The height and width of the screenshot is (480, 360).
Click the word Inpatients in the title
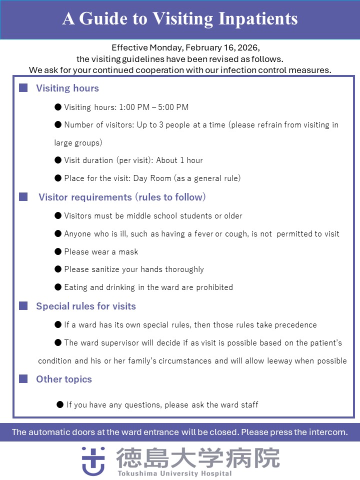click(258, 19)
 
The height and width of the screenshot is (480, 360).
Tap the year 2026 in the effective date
click(248, 48)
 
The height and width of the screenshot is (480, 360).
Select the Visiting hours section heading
click(67, 88)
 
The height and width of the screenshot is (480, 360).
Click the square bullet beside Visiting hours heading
click(23, 88)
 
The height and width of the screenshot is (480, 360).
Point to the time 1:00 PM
click(133, 107)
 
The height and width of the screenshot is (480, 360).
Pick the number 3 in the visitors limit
click(161, 124)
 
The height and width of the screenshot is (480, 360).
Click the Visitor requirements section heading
click(122, 197)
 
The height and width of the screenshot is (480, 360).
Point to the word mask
click(128, 251)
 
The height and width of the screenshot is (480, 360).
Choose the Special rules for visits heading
click(86, 306)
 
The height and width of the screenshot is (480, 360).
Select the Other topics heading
click(64, 379)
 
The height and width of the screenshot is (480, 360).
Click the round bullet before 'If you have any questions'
click(60, 404)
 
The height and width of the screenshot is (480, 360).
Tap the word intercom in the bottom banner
click(329, 432)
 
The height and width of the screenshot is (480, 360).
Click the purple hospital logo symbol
click(93, 460)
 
